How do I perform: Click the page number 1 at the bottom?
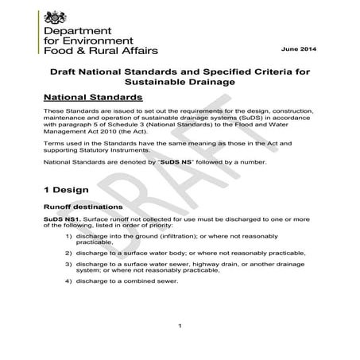180,325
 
